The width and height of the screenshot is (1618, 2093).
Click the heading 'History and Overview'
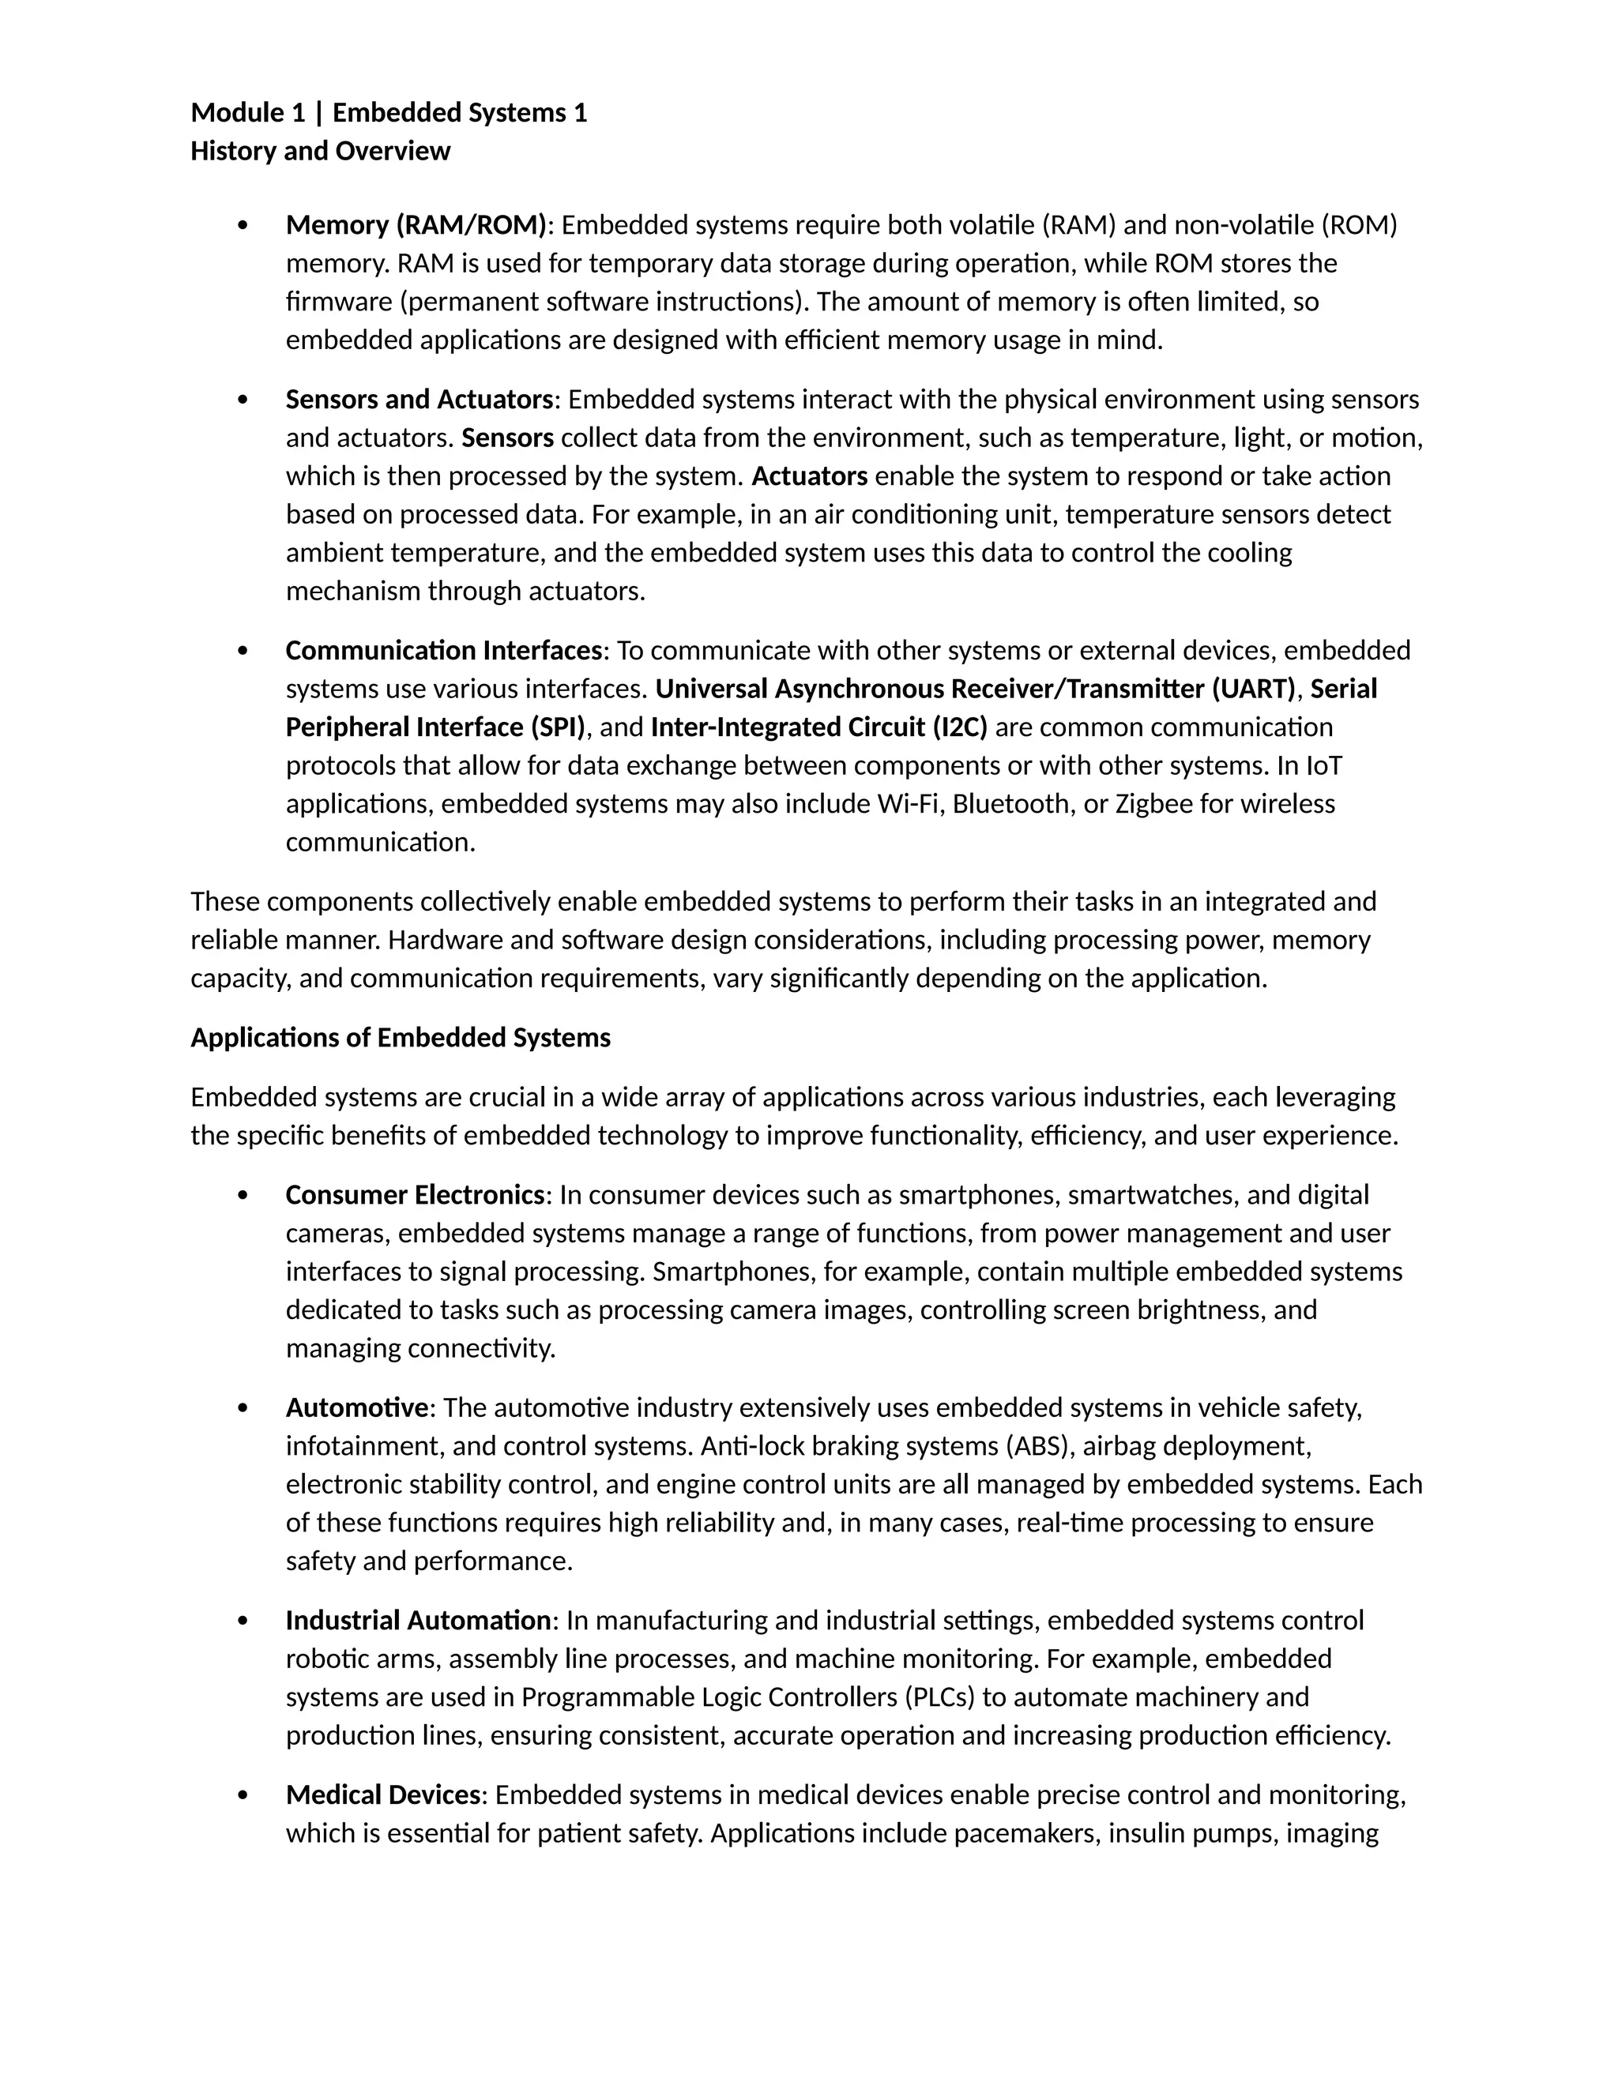(320, 152)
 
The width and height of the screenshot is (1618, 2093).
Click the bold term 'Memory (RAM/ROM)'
(416, 225)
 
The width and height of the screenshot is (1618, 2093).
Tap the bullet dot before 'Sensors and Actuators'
(243, 400)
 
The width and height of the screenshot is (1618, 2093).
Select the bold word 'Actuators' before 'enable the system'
(810, 476)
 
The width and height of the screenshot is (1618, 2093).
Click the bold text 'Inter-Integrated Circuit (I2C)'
(818, 727)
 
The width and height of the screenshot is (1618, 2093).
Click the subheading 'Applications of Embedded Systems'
(400, 1038)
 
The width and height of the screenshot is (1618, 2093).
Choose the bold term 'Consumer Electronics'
(415, 1195)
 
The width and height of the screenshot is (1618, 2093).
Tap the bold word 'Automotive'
(356, 1407)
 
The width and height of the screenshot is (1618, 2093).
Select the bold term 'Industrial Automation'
(419, 1621)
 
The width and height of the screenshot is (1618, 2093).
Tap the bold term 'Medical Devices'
(382, 1795)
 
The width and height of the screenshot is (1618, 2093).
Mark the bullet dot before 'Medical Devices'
(243, 1796)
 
